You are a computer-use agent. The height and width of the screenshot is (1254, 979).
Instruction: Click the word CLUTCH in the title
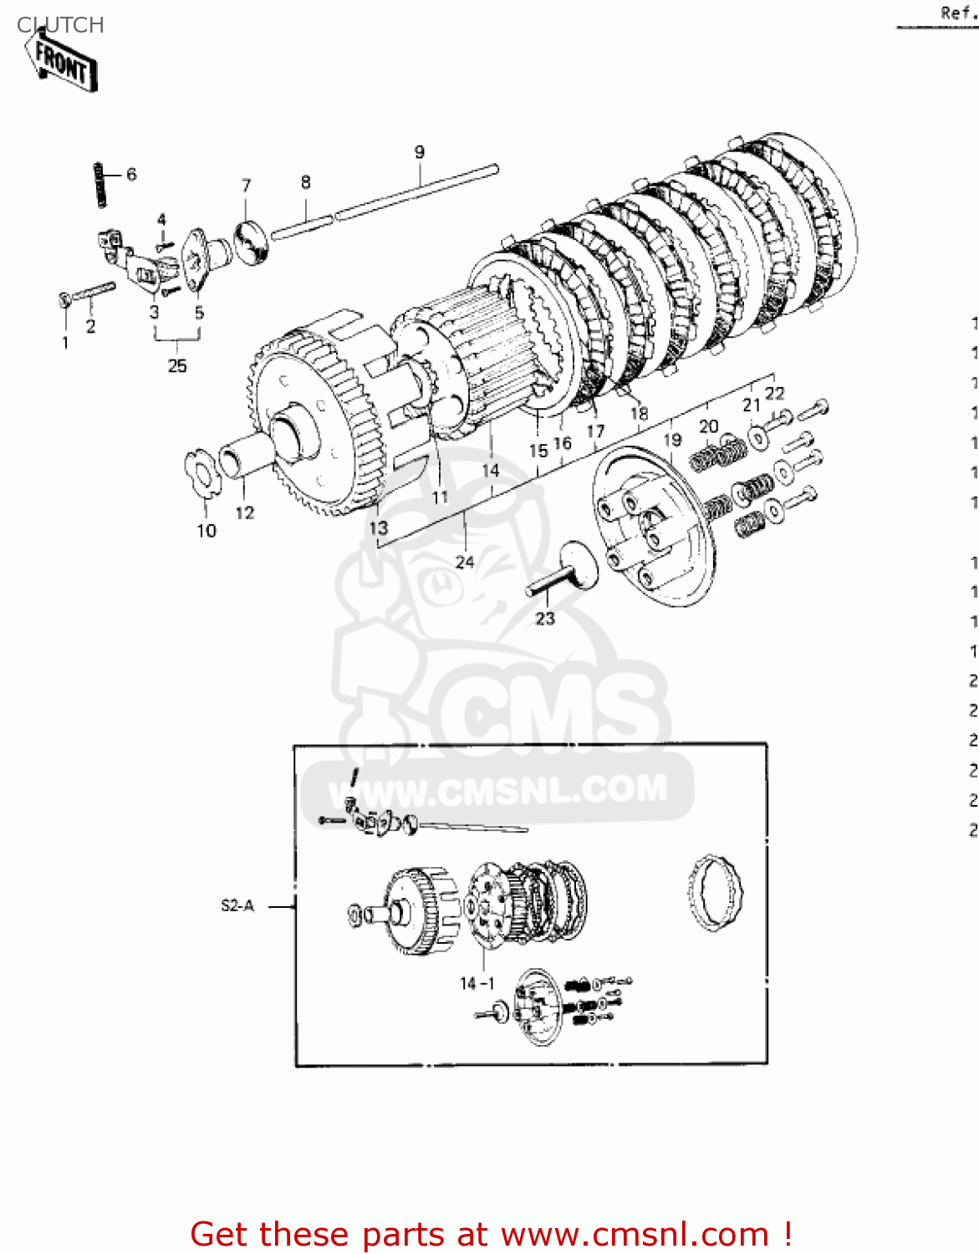pos(60,25)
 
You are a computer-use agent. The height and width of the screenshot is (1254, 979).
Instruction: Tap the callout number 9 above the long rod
pos(419,152)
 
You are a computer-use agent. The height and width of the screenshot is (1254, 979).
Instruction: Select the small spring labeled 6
pos(101,184)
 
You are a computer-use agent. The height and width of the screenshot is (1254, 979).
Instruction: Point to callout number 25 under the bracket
pos(177,365)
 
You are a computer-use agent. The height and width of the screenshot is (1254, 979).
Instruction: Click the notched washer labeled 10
pos(201,475)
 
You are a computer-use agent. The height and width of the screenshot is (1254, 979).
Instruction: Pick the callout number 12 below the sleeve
pos(244,512)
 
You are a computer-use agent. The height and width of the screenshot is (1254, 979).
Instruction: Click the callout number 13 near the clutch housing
pos(379,528)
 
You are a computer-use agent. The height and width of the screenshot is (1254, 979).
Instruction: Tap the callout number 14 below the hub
pos(491,471)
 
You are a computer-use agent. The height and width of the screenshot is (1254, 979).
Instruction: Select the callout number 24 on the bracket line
pos(465,562)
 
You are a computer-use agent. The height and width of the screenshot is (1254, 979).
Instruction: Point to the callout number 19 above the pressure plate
pos(672,440)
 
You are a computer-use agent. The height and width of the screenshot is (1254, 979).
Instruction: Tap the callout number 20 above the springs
pos(708,426)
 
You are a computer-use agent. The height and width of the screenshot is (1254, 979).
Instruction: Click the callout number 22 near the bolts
pos(775,393)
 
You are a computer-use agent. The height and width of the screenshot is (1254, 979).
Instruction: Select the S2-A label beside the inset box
pos(237,905)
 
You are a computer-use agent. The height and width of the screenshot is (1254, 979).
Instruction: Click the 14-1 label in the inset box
pos(477,984)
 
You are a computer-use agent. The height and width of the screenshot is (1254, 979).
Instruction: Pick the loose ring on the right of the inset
pos(715,892)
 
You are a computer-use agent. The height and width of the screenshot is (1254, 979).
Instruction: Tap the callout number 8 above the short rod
pos(306,182)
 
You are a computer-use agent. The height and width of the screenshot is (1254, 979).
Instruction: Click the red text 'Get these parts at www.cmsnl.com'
pos(491,1234)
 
